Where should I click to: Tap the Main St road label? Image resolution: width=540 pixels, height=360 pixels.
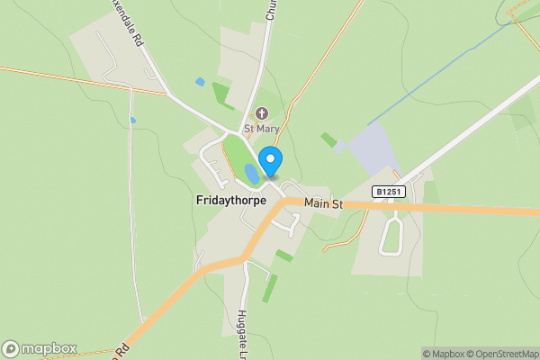click(324, 204)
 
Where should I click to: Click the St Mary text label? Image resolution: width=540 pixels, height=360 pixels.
click(262, 129)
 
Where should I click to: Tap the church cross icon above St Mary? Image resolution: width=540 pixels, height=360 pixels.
click(262, 113)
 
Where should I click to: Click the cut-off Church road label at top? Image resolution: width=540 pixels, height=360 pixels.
click(269, 9)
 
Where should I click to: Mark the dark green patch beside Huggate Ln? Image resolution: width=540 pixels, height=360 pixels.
click(269, 288)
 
